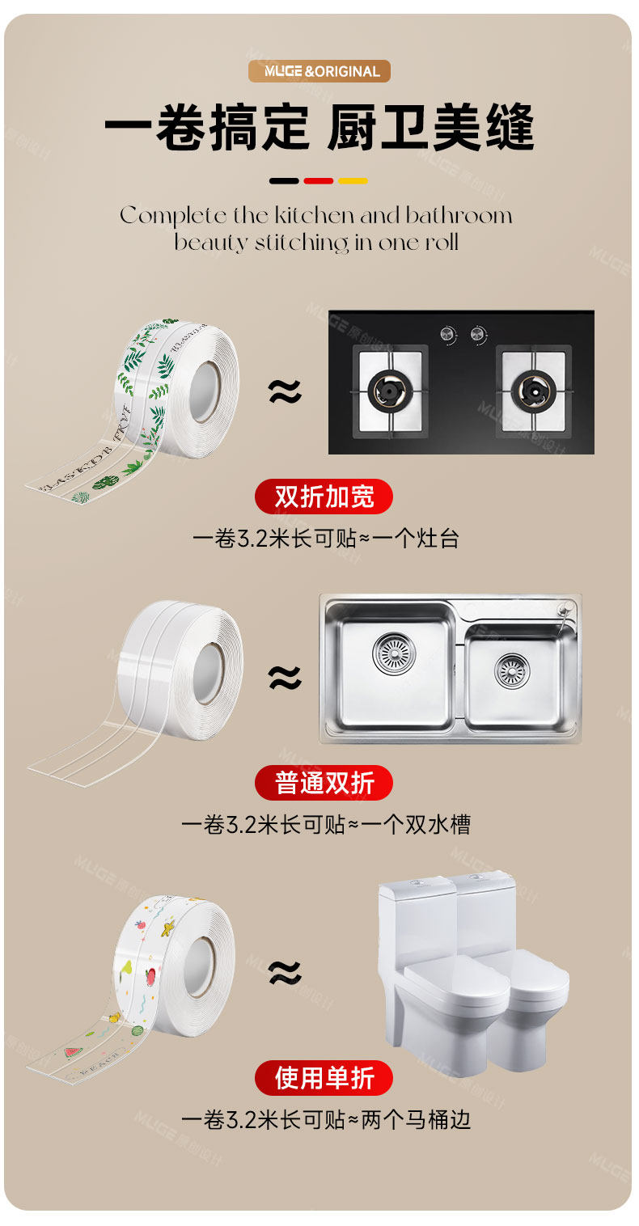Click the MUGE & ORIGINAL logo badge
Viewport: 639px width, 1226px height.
pyautogui.click(x=319, y=71)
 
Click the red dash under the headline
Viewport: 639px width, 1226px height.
pyautogui.click(x=319, y=181)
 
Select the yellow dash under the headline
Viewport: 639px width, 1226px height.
pyautogui.click(x=353, y=181)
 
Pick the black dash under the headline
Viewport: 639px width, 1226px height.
pyautogui.click(x=284, y=181)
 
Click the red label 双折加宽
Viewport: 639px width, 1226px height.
pyautogui.click(x=324, y=497)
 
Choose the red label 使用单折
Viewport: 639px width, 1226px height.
pyautogui.click(x=324, y=1078)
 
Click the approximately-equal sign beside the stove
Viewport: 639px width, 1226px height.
pyautogui.click(x=284, y=392)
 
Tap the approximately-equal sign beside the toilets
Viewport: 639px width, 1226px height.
pyautogui.click(x=284, y=971)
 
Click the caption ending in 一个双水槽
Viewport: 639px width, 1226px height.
pyautogui.click(x=325, y=824)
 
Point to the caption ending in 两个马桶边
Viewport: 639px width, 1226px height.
pyautogui.click(x=325, y=1120)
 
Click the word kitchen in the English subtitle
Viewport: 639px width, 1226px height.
pyautogui.click(x=315, y=216)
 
